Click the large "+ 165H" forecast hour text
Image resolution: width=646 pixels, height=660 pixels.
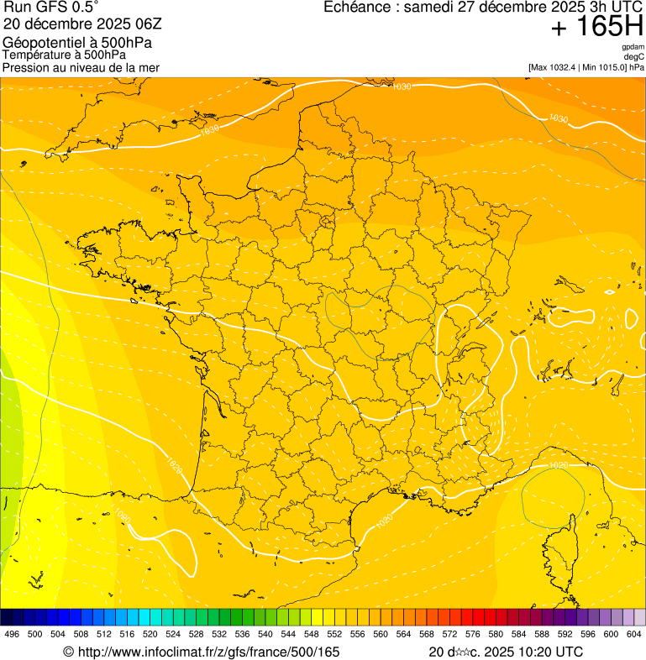596,27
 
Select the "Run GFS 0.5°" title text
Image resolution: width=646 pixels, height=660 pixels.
50,8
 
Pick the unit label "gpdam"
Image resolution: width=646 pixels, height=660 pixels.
633,48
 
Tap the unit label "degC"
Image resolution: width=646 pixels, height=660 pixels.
634,57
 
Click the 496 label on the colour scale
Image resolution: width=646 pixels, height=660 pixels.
12,634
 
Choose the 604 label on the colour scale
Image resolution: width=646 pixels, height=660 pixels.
634,634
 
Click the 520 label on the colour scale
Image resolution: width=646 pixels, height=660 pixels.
150,634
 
